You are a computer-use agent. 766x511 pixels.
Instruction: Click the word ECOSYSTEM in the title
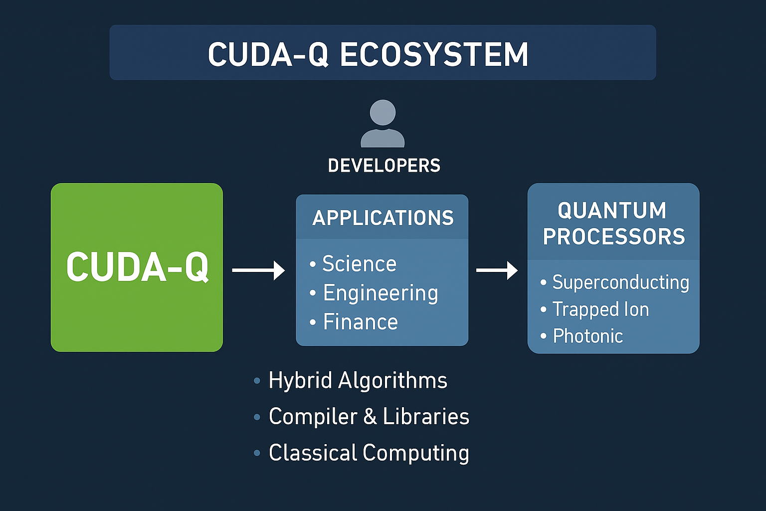(x=434, y=54)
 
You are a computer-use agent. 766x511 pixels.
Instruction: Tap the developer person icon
(x=383, y=124)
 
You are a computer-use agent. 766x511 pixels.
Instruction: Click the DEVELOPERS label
(x=384, y=166)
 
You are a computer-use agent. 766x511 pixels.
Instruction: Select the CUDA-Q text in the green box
(x=137, y=267)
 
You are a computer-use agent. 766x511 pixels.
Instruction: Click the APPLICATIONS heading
(x=383, y=218)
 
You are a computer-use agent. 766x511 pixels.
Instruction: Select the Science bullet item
(x=359, y=263)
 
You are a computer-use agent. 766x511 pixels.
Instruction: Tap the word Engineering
(x=381, y=293)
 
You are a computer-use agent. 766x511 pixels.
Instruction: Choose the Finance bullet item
(x=360, y=322)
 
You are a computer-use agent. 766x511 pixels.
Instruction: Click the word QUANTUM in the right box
(x=612, y=210)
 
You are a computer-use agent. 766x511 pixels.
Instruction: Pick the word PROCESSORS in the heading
(x=614, y=237)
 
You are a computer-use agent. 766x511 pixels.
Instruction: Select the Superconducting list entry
(x=620, y=282)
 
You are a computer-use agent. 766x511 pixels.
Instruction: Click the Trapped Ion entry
(x=600, y=309)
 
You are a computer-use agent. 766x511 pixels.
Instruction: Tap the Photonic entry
(x=588, y=336)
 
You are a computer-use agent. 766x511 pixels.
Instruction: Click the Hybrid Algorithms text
(x=358, y=381)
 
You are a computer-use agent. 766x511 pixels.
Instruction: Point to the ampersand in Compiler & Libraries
(x=370, y=417)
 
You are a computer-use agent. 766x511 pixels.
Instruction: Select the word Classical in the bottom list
(x=313, y=453)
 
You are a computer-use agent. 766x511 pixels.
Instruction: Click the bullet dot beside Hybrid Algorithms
(x=257, y=381)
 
